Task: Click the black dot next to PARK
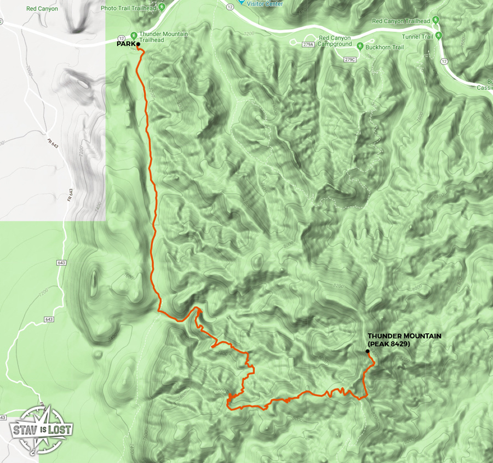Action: (138, 45)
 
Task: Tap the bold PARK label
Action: (126, 45)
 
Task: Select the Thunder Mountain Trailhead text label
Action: (163, 37)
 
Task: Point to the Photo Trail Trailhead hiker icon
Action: (163, 8)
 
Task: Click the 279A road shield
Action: (309, 44)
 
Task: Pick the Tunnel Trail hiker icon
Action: (445, 36)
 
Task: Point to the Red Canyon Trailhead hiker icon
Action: (436, 21)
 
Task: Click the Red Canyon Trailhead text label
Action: (401, 21)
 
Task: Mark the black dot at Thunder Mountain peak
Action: (367, 351)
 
